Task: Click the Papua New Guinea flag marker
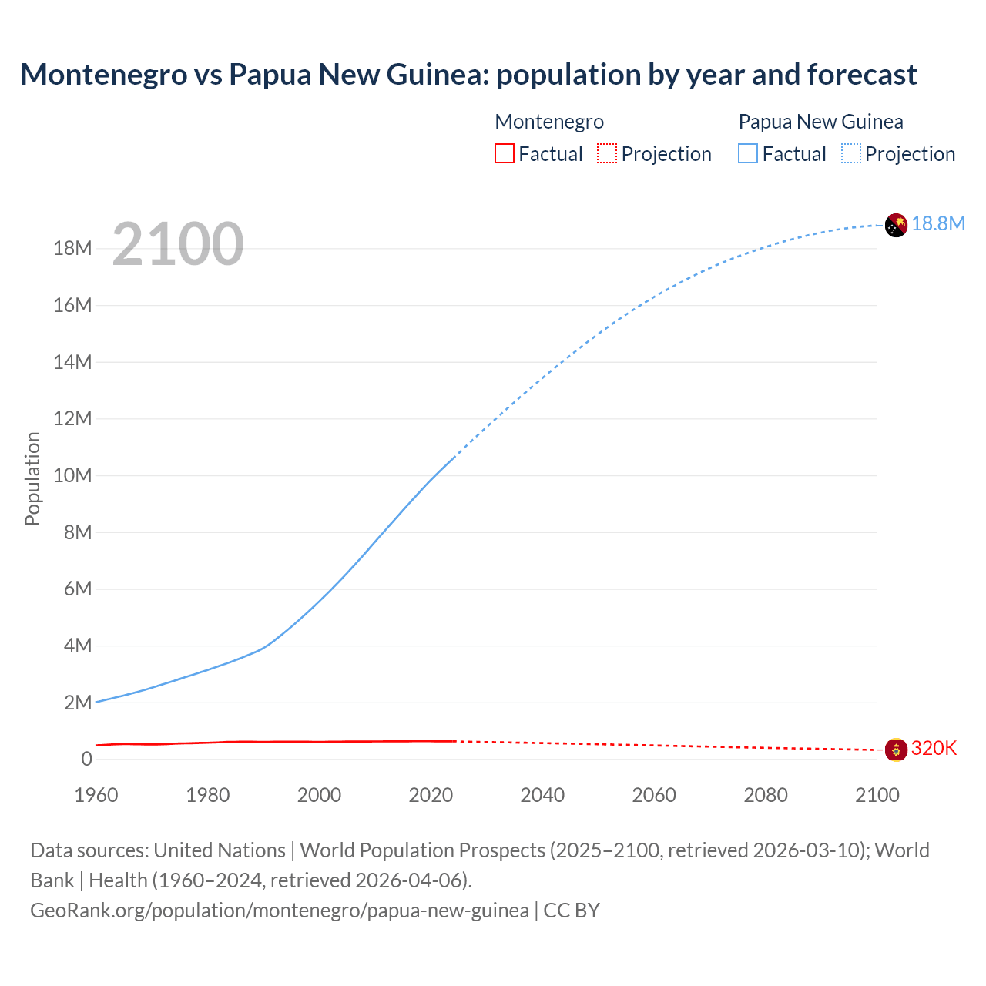pos(896,225)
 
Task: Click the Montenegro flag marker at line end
pos(896,749)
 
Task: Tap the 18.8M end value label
pos(938,223)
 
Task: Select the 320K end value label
pos(934,748)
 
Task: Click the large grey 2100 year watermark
pos(178,244)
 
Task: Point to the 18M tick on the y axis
pos(72,248)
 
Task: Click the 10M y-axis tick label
pos(72,475)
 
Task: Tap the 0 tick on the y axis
pos(86,759)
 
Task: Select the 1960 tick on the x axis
pos(96,795)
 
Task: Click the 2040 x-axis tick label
pos(542,795)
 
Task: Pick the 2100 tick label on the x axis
pos(877,795)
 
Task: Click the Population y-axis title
pos(32,478)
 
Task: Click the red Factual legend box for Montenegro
pos(505,154)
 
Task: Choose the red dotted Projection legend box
pos(607,154)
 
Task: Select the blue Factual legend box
pos(748,154)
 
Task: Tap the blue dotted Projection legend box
pos(851,154)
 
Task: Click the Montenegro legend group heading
pos(549,122)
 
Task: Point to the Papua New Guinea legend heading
pos(820,122)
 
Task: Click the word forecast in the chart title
pos(862,75)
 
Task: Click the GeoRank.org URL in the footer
pos(280,911)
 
